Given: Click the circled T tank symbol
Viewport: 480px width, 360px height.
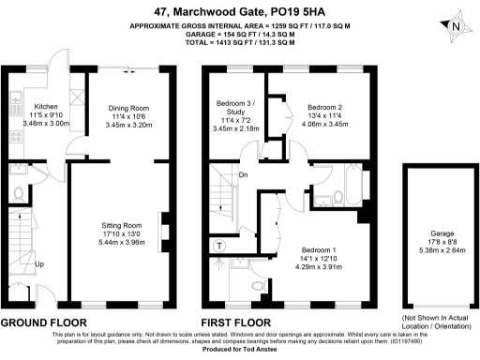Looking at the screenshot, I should pos(220,246).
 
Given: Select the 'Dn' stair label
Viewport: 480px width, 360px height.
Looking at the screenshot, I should pos(243,174).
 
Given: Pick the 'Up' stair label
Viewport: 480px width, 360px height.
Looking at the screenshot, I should pos(38,264).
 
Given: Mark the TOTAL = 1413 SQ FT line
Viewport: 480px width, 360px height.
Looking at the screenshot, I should pos(240,44).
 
